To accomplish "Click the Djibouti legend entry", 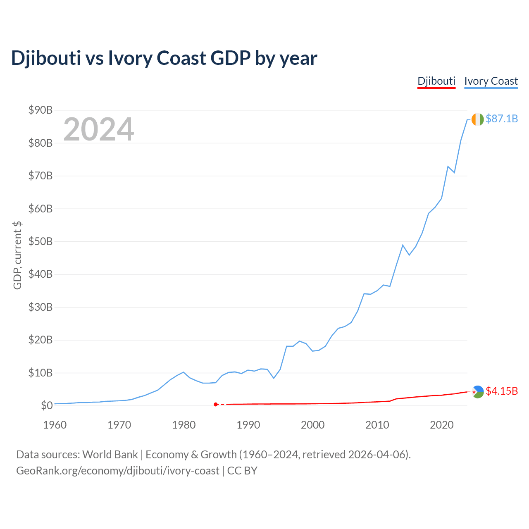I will pyautogui.click(x=436, y=81).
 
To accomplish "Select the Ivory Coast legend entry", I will pyautogui.click(x=491, y=81).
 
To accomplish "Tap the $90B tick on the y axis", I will pyautogui.click(x=41, y=110).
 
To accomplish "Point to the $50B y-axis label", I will pyautogui.click(x=41, y=241).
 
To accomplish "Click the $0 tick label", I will pyautogui.click(x=47, y=405).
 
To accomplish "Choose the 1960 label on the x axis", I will pyautogui.click(x=55, y=425).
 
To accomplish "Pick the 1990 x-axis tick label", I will pyautogui.click(x=248, y=425).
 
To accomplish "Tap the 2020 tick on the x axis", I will pyautogui.click(x=442, y=425).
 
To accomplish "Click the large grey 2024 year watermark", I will pyautogui.click(x=99, y=129).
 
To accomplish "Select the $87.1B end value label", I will pyautogui.click(x=502, y=119).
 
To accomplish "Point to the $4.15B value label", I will pyautogui.click(x=502, y=391).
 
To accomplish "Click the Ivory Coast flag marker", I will pyautogui.click(x=477, y=119).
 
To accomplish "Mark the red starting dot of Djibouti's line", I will pyautogui.click(x=216, y=404).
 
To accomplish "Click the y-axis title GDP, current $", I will pyautogui.click(x=17, y=255).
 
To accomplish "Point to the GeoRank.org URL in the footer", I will pyautogui.click(x=118, y=471).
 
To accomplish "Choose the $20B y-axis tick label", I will pyautogui.click(x=41, y=340).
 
